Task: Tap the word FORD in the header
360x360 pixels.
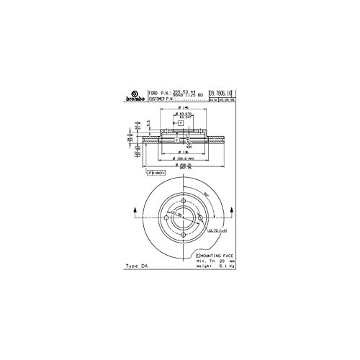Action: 152,94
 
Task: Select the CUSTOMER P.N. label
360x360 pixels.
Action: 162,100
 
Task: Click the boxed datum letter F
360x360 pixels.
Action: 182,124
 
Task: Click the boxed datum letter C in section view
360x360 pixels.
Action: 165,140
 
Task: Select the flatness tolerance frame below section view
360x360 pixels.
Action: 155,174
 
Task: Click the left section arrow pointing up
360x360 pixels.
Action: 135,210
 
